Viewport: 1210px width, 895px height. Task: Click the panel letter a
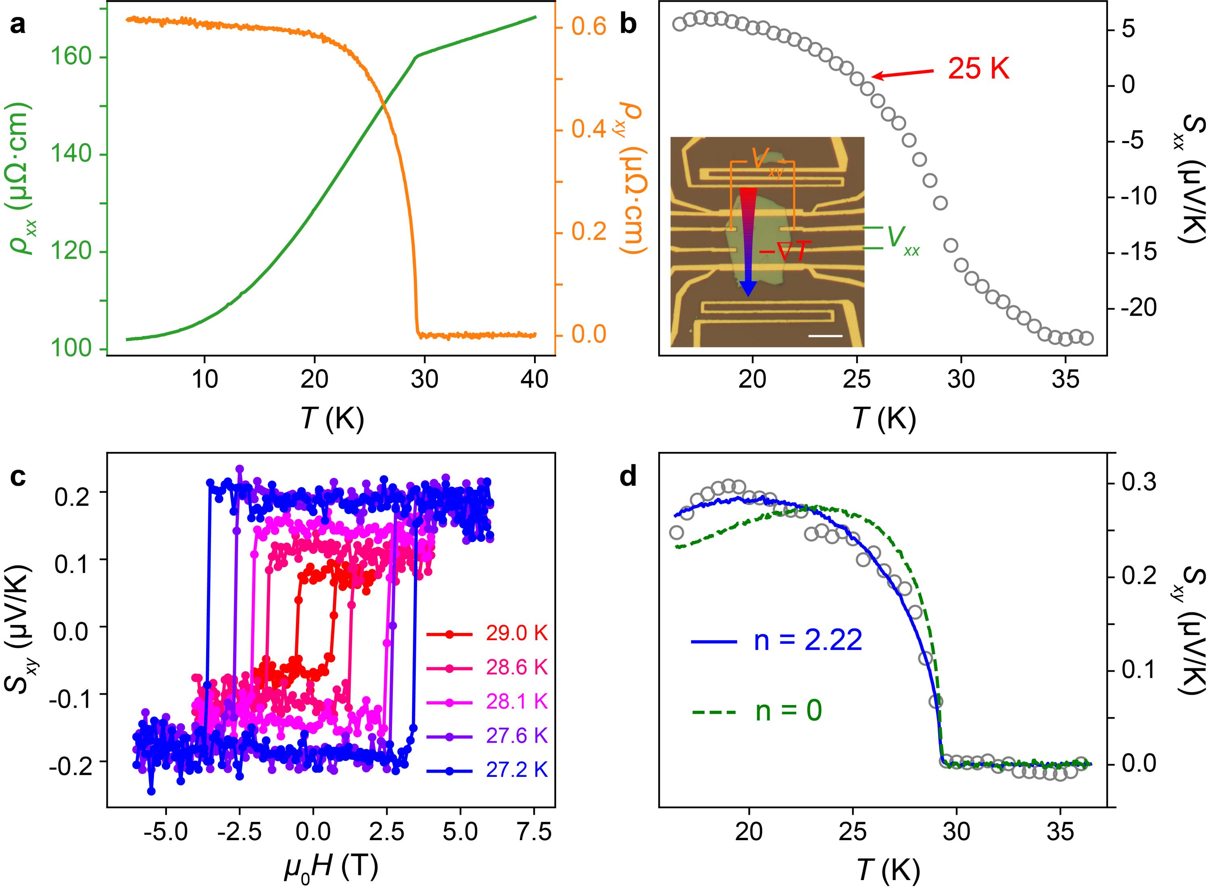(x=18, y=25)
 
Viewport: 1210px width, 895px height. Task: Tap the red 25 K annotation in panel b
(x=978, y=70)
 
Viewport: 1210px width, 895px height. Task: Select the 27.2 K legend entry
(x=516, y=770)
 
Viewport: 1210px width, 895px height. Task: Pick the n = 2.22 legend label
(x=807, y=641)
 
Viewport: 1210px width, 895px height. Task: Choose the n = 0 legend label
(x=789, y=711)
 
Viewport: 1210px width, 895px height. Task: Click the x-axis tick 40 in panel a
(x=535, y=380)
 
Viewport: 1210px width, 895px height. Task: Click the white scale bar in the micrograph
(x=825, y=336)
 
